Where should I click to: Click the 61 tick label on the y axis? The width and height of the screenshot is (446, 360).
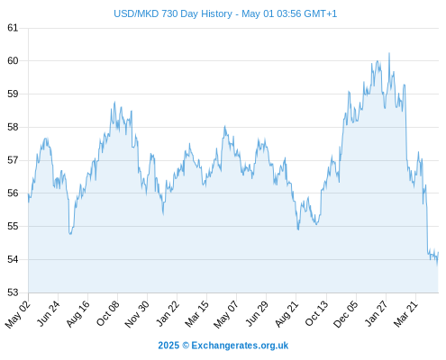(13, 28)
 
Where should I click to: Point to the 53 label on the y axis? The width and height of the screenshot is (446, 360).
(13, 292)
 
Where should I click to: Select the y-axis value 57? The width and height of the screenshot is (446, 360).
(13, 160)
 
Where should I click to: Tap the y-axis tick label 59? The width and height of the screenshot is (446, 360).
(13, 94)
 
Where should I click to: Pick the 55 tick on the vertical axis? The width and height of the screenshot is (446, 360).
(13, 226)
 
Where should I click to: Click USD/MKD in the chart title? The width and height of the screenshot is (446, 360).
(136, 13)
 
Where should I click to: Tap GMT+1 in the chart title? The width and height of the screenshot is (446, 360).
(321, 13)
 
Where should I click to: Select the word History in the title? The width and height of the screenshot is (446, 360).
(216, 14)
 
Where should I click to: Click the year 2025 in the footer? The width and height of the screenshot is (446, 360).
(168, 346)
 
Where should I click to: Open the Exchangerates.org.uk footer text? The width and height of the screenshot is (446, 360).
(240, 346)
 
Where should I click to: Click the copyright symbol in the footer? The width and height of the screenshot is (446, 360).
(186, 346)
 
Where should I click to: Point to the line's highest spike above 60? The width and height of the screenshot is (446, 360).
(389, 53)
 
